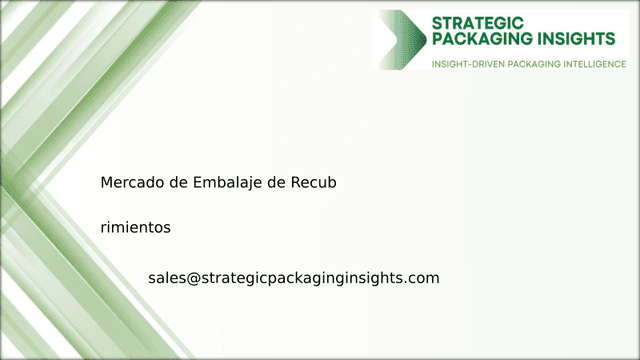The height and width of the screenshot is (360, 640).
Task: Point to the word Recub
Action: [x=314, y=184]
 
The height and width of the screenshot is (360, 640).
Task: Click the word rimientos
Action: [x=135, y=228]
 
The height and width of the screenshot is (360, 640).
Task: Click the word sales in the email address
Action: [x=166, y=278]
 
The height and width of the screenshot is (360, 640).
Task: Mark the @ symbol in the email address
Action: [x=193, y=278]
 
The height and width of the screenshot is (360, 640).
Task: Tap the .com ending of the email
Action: [x=422, y=278]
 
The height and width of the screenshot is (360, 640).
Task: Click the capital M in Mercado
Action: [x=106, y=184]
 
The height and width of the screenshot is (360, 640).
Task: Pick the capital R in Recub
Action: [x=294, y=184]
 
